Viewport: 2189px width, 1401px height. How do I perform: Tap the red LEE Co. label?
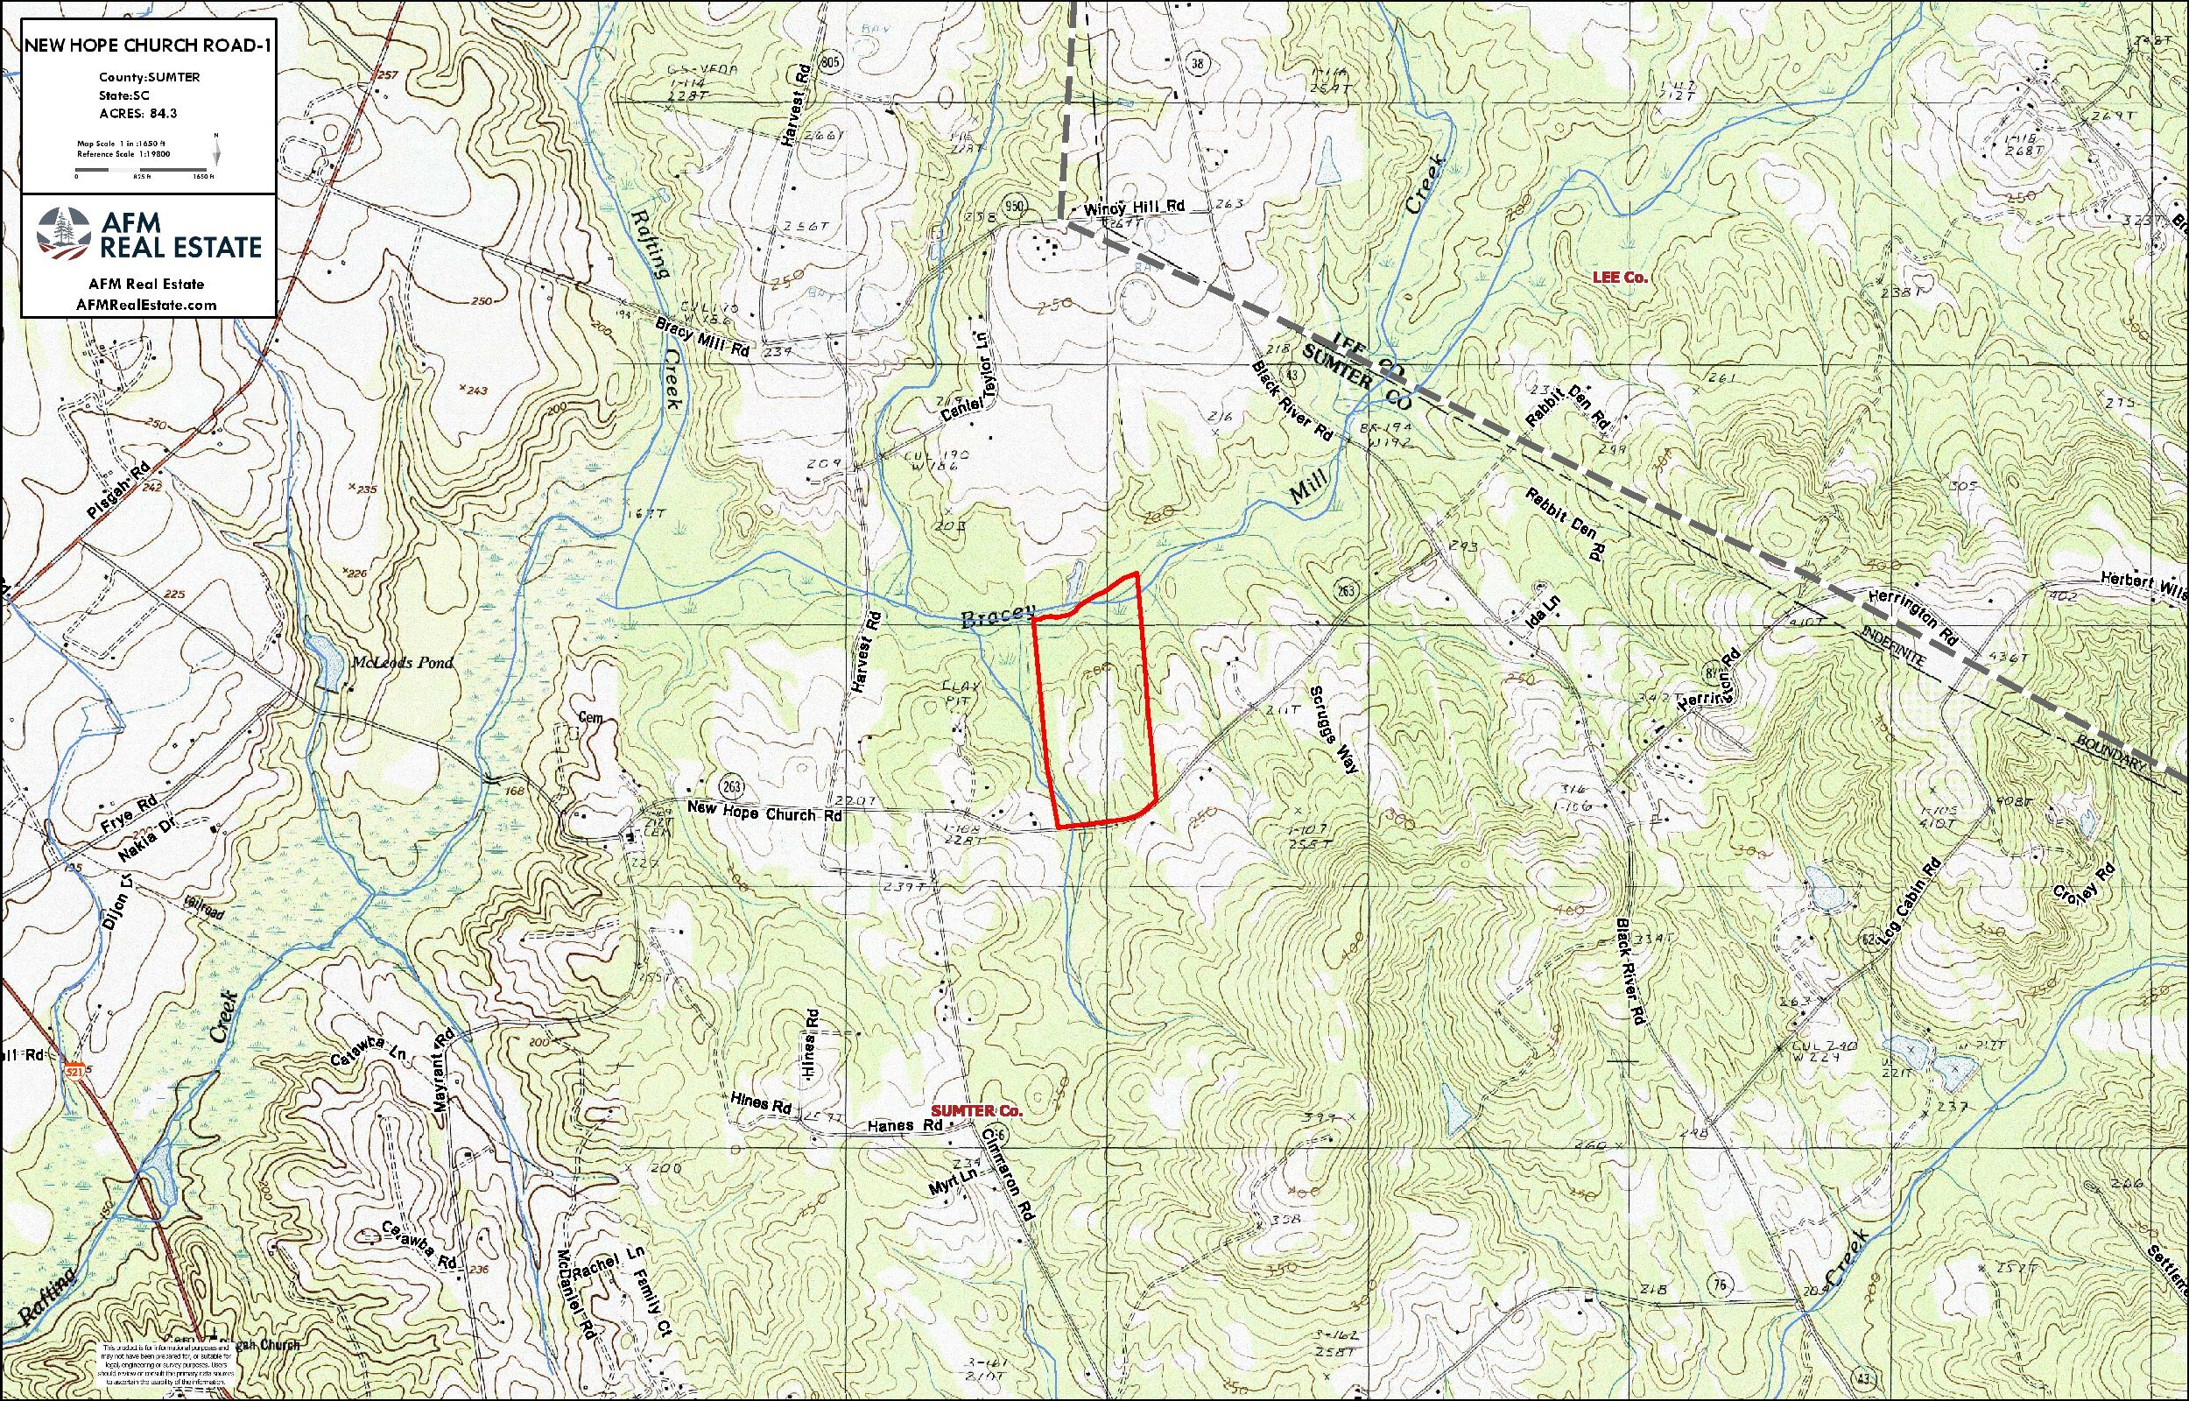coord(1619,277)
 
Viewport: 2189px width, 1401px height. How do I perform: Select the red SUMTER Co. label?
coord(976,1111)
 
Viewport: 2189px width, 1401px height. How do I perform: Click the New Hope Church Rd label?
coord(764,812)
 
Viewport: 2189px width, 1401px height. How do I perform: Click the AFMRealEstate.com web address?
coord(147,305)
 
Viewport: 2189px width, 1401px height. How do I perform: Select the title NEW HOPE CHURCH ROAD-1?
coord(147,46)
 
